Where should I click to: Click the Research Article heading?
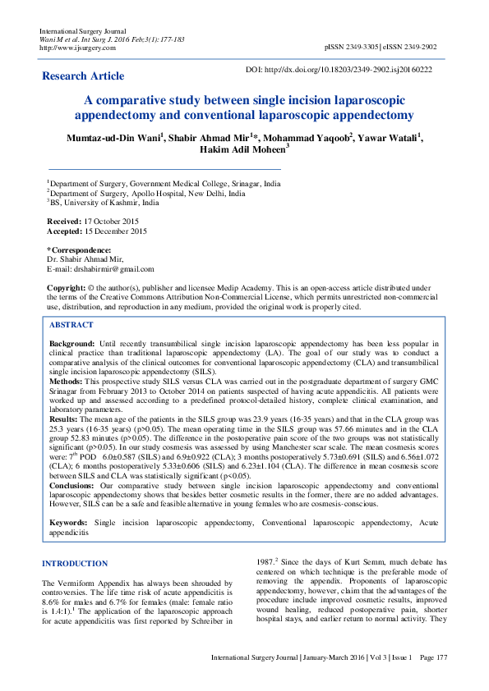click(83, 76)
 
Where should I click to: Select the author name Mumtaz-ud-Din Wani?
click(113, 137)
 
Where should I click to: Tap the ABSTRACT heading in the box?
click(71, 324)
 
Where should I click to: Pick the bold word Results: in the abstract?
click(65, 419)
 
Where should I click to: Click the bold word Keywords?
click(68, 523)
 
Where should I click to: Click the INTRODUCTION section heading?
click(75, 564)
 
